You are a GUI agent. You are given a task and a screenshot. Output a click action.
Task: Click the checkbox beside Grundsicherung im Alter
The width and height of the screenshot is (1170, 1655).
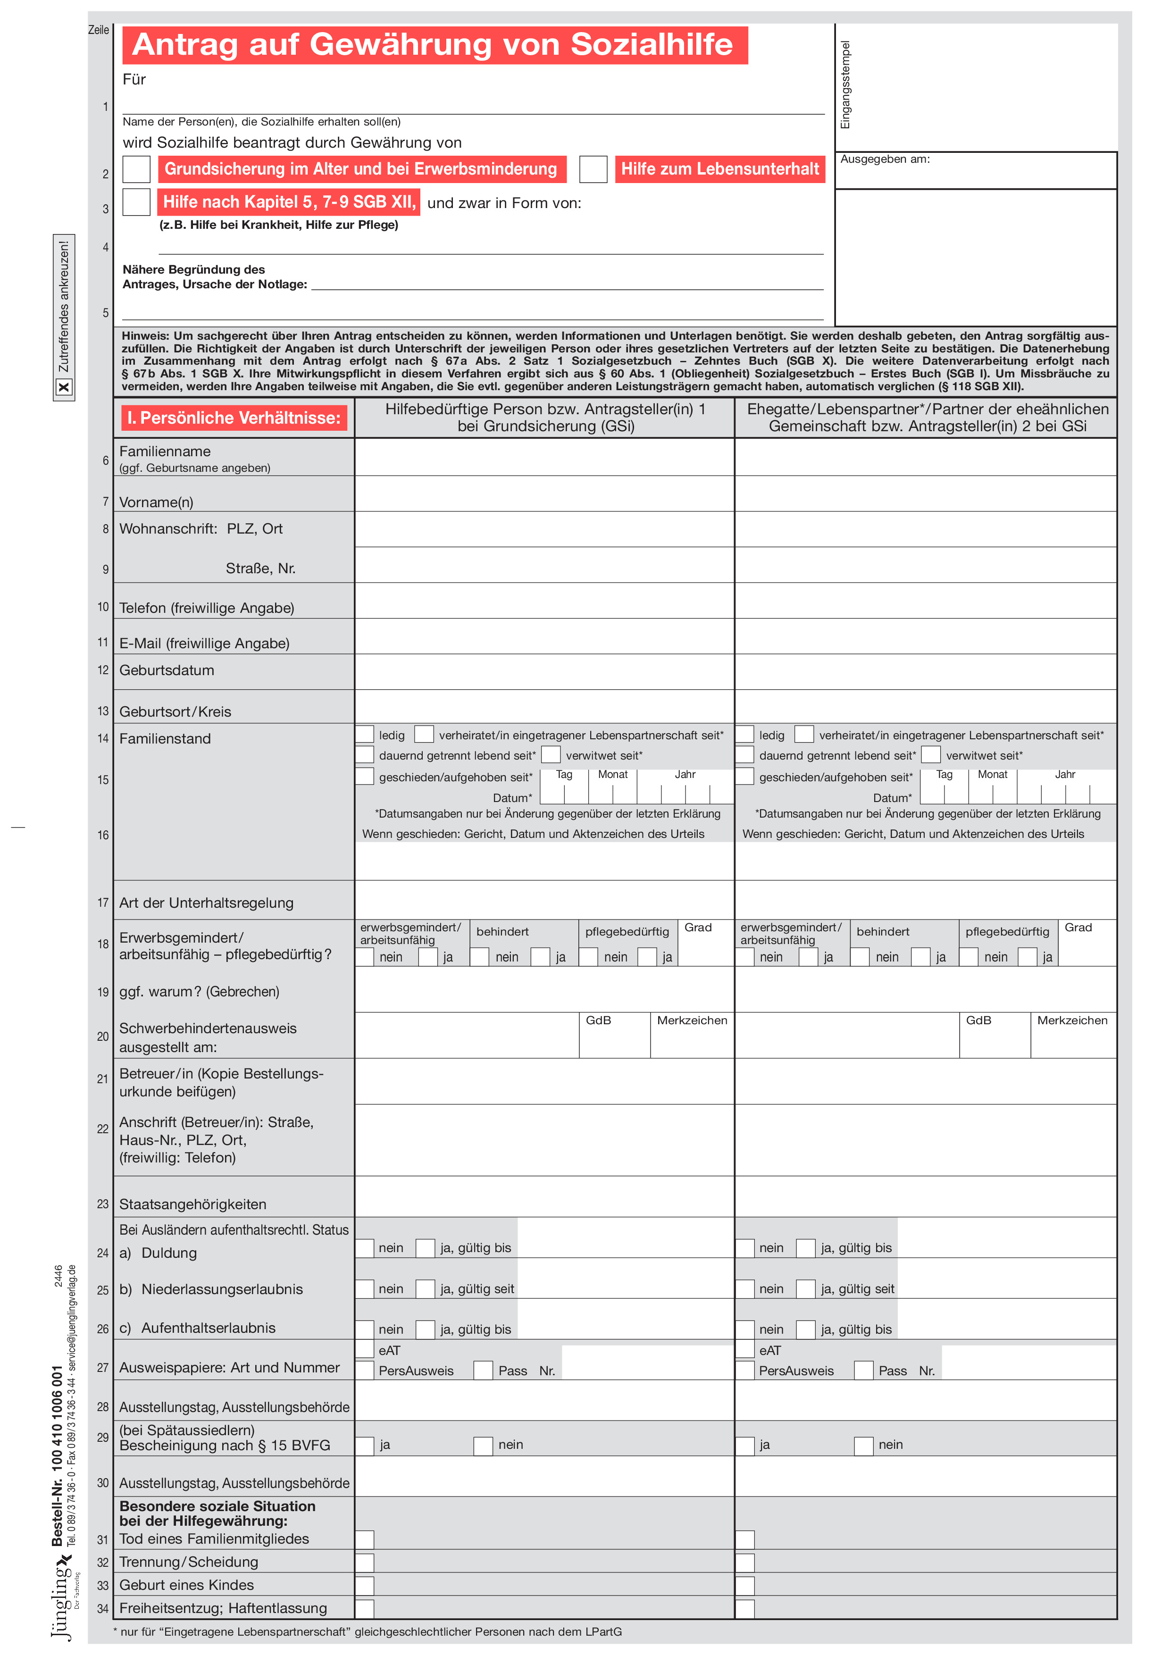pos(136,169)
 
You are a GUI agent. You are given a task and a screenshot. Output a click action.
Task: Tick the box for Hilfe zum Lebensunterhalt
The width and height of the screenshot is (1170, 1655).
pos(593,169)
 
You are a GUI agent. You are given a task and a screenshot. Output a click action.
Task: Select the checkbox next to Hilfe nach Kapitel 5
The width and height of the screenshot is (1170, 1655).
pos(136,202)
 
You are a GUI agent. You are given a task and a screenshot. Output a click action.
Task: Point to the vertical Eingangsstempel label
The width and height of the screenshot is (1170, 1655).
pos(845,85)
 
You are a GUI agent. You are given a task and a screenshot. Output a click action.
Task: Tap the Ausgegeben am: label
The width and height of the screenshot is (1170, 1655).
pos(885,159)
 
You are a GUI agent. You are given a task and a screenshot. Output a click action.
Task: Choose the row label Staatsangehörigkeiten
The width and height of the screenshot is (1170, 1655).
pos(192,1204)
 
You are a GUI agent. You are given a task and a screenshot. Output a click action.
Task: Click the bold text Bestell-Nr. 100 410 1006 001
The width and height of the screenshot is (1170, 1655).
pos(57,1456)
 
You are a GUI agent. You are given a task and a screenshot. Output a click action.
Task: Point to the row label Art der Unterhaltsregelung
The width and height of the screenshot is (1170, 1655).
pos(206,903)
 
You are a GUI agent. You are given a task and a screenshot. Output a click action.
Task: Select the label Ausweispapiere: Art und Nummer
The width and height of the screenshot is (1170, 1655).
pos(229,1368)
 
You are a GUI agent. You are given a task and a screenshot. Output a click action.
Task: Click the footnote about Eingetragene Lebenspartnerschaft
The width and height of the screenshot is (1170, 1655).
pos(368,1632)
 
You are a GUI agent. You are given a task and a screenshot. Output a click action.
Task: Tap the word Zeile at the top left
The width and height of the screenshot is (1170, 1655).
pos(99,30)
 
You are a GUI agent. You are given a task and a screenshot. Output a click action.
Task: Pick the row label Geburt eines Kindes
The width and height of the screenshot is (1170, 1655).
pos(187,1585)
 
